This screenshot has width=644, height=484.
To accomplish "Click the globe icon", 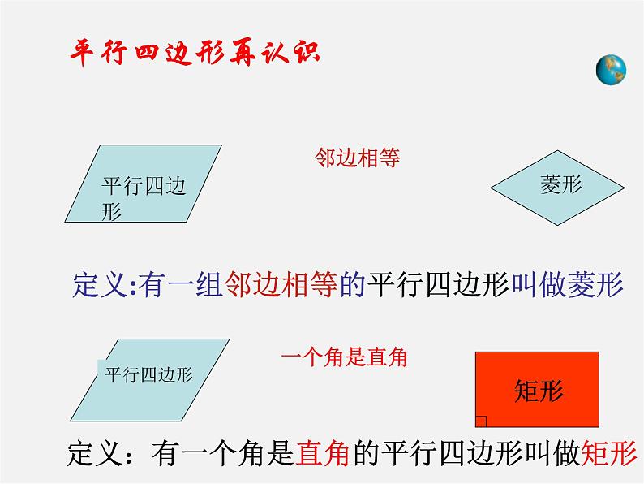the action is pos(611,70).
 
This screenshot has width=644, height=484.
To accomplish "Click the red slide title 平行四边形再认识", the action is pos(195,53).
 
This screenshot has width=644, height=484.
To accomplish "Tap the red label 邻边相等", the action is pos(358,158).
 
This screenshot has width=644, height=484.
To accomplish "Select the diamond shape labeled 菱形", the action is pos(557,188).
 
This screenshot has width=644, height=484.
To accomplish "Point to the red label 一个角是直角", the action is pos(344,357).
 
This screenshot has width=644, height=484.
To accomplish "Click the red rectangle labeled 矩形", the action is pos(537,390).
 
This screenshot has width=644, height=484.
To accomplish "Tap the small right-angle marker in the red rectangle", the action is pos(481,421).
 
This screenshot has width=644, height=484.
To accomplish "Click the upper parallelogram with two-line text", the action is pos(144,184).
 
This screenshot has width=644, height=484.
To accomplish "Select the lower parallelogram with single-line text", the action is pos(150,380).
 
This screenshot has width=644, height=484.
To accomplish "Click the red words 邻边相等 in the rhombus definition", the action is pos(281,284).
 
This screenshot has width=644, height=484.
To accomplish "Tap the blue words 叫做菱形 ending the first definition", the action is pos(567,284).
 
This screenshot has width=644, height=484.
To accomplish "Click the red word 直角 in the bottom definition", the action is pos(323,453).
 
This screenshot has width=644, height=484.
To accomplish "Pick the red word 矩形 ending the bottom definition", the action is pos(609,453).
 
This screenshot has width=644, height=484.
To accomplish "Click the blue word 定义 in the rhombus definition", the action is pos(101,284).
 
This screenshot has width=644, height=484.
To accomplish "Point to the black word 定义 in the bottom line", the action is pos(95,453).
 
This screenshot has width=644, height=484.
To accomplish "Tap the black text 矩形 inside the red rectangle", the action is pos(539,391).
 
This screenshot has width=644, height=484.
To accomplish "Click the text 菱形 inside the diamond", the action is pos(561,184).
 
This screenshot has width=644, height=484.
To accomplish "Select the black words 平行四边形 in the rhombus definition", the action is pos(439,284).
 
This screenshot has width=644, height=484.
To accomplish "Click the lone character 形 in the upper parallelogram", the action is pos(111,212).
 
